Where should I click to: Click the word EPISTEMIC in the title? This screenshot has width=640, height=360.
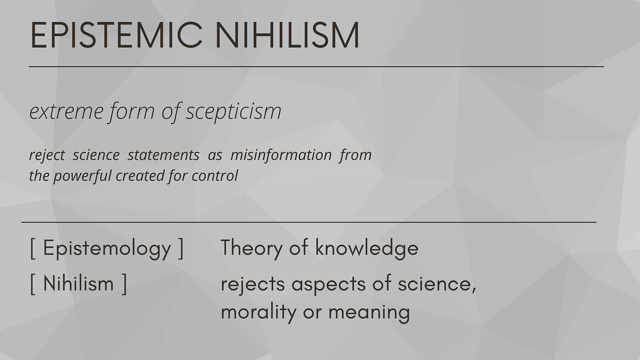point(116,35)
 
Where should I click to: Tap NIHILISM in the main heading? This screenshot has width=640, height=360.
point(287,35)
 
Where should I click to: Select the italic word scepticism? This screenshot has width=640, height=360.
point(234,112)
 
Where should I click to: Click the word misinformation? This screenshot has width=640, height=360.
point(281,155)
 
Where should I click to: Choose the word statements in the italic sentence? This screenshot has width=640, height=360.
point(163,155)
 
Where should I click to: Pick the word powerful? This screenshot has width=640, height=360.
point(82,176)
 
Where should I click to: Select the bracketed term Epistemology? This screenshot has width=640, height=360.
point(107,248)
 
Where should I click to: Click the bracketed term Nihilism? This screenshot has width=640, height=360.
point(78,284)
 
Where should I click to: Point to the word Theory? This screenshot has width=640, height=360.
point(252,248)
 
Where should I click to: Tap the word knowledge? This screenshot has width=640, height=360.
point(367,248)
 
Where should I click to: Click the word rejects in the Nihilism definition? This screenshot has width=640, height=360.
point(253,284)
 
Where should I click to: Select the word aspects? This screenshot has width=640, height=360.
point(328,285)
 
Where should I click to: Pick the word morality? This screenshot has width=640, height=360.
point(258,312)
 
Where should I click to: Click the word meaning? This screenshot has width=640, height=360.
point(369,313)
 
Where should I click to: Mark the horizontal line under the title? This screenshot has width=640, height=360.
point(316,66)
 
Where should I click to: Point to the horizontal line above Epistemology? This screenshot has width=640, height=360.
point(309,222)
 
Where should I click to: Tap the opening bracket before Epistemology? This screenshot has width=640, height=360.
point(33,249)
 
